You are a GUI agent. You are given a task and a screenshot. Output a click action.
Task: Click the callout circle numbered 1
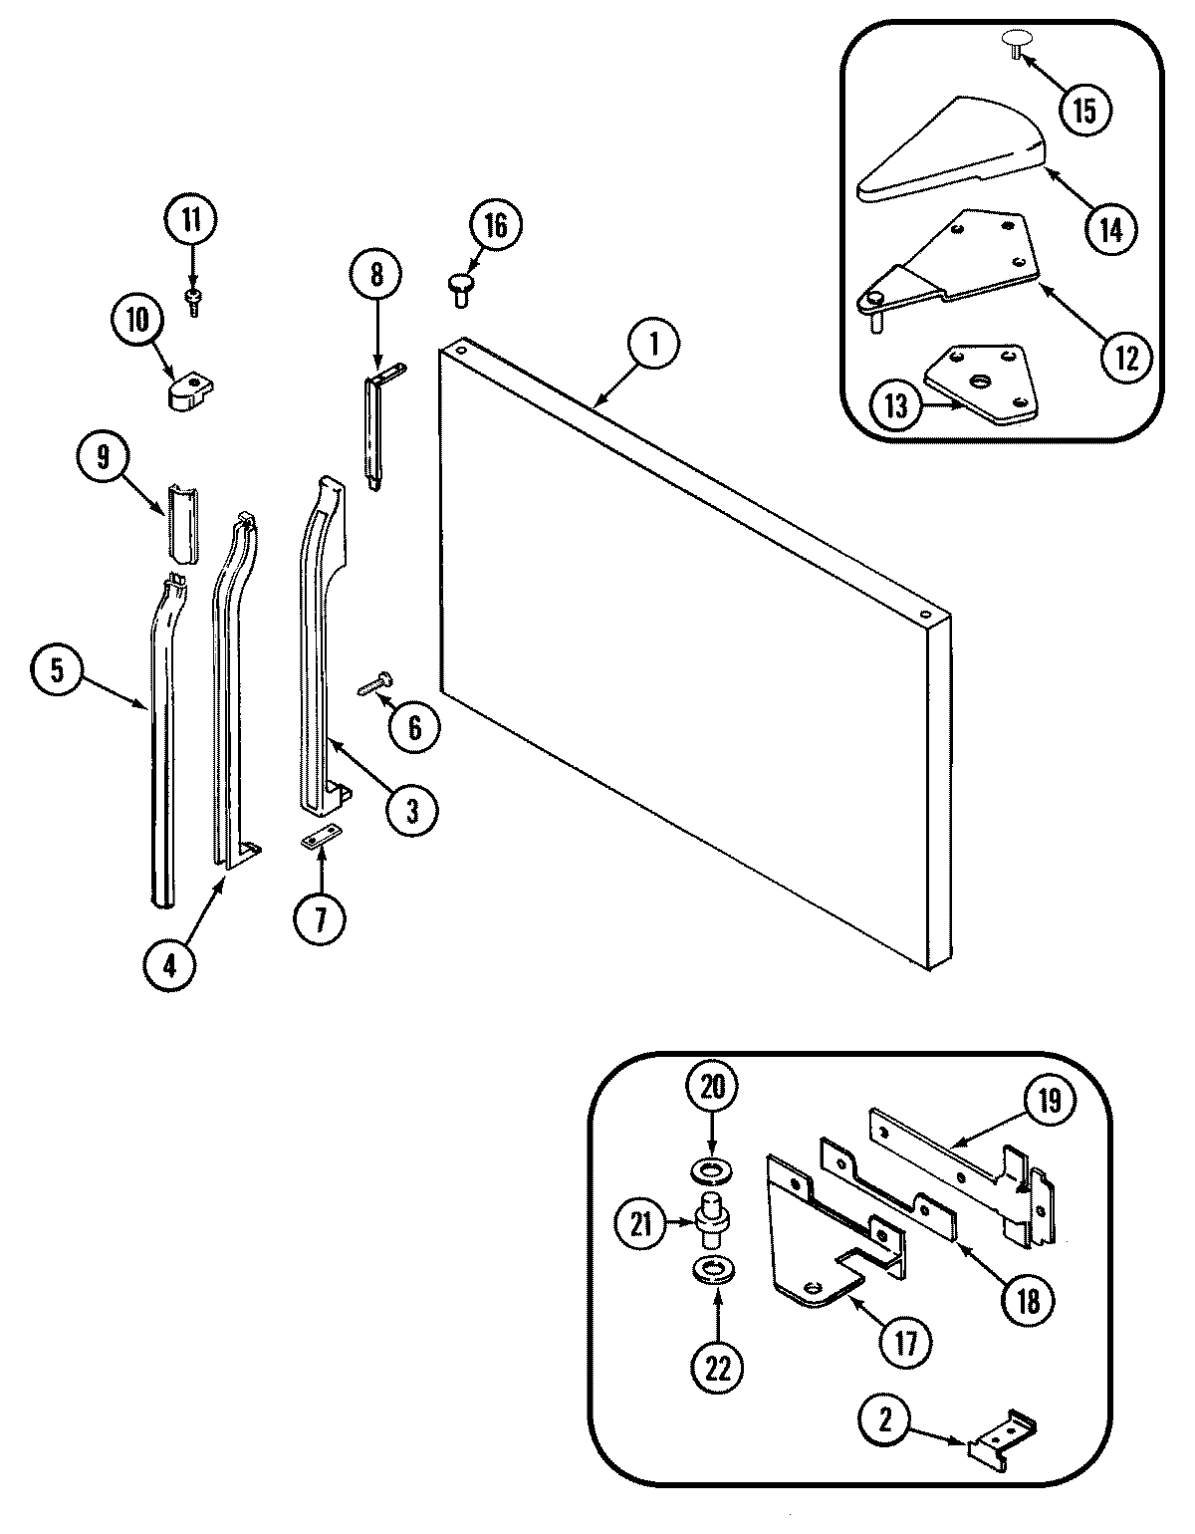pyautogui.click(x=653, y=345)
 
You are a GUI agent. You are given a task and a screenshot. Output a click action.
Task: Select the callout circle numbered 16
pyautogui.click(x=495, y=226)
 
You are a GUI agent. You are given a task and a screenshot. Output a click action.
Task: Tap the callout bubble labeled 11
pyautogui.click(x=191, y=219)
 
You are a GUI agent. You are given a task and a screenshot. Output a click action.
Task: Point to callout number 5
pyautogui.click(x=57, y=669)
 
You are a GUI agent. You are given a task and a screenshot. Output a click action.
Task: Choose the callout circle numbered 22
pyautogui.click(x=717, y=1369)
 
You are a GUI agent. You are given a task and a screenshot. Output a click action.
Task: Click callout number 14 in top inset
pyautogui.click(x=1112, y=228)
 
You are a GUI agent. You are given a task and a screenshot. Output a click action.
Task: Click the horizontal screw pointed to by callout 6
pyautogui.click(x=373, y=684)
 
